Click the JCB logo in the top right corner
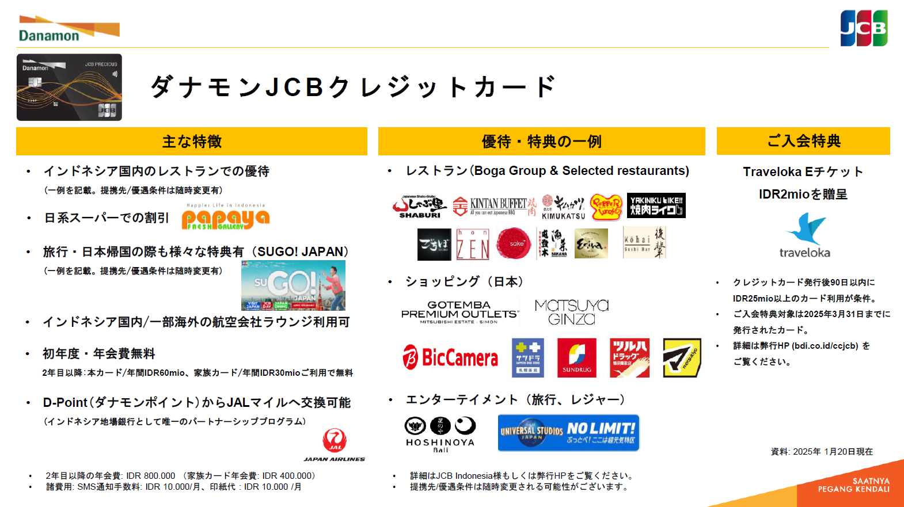point(864,28)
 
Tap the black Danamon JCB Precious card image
point(69,87)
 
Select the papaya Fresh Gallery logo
point(225,218)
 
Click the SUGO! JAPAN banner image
point(293,285)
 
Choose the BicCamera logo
point(450,357)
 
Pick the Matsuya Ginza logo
point(571,312)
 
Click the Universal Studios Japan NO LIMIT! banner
point(568,433)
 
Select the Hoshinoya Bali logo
point(440,433)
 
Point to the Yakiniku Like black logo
point(656,205)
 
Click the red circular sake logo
point(514,243)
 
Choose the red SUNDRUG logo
point(576,358)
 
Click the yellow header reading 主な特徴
point(192,142)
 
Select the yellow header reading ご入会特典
point(803,141)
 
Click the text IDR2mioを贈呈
point(803,195)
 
